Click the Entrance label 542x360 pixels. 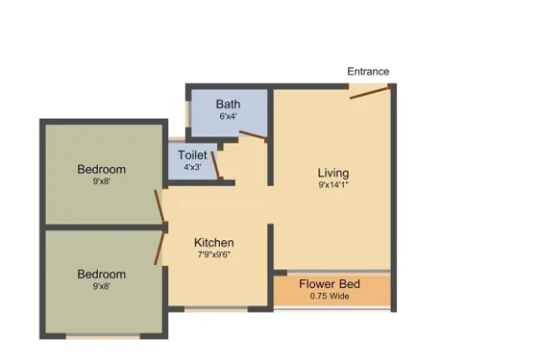[368, 71]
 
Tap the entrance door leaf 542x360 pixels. [370, 92]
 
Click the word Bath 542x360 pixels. [228, 104]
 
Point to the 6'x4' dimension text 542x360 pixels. [228, 116]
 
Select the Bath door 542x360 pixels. [253, 136]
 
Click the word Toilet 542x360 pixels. [193, 155]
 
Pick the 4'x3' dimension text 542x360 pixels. [193, 167]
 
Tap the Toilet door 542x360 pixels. [216, 165]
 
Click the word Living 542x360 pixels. [333, 173]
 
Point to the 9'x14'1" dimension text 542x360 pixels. [333, 185]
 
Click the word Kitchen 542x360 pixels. [214, 242]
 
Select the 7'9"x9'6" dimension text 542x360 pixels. [214, 255]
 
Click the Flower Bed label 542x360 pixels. [329, 284]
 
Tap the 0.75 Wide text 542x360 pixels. [329, 296]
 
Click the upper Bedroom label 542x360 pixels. [101, 170]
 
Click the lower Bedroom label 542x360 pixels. [101, 275]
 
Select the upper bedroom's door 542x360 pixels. [159, 206]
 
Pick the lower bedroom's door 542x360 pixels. [159, 248]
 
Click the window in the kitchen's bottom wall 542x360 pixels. [216, 309]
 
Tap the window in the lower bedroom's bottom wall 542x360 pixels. [103, 336]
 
